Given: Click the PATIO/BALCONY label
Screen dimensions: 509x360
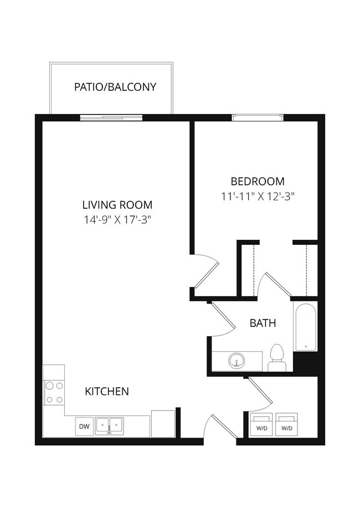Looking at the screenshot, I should tap(115, 87).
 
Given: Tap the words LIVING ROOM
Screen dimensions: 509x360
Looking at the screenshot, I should tap(117, 204).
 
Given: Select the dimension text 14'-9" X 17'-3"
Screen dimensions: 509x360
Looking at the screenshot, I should tap(117, 219).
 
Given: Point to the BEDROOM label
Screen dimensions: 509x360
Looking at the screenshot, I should tap(257, 181).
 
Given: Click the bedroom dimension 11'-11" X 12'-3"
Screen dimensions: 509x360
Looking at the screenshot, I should tap(257, 196).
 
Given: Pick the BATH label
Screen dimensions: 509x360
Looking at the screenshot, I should tap(263, 323).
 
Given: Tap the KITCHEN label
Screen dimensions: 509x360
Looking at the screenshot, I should tap(107, 392).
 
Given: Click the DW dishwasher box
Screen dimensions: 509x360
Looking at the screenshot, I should tap(84, 426).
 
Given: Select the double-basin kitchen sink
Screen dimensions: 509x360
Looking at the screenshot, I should tap(110, 425).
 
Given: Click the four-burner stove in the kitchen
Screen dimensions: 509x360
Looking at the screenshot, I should tap(54, 392).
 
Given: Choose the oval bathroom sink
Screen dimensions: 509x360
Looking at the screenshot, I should tap(237, 361).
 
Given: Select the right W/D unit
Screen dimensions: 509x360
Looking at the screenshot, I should tap(286, 424).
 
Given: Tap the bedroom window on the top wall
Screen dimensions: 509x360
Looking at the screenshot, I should tap(258, 117).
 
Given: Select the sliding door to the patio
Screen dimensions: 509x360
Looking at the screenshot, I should tap(111, 117).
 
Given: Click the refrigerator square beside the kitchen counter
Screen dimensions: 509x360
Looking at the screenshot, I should tap(163, 424).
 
